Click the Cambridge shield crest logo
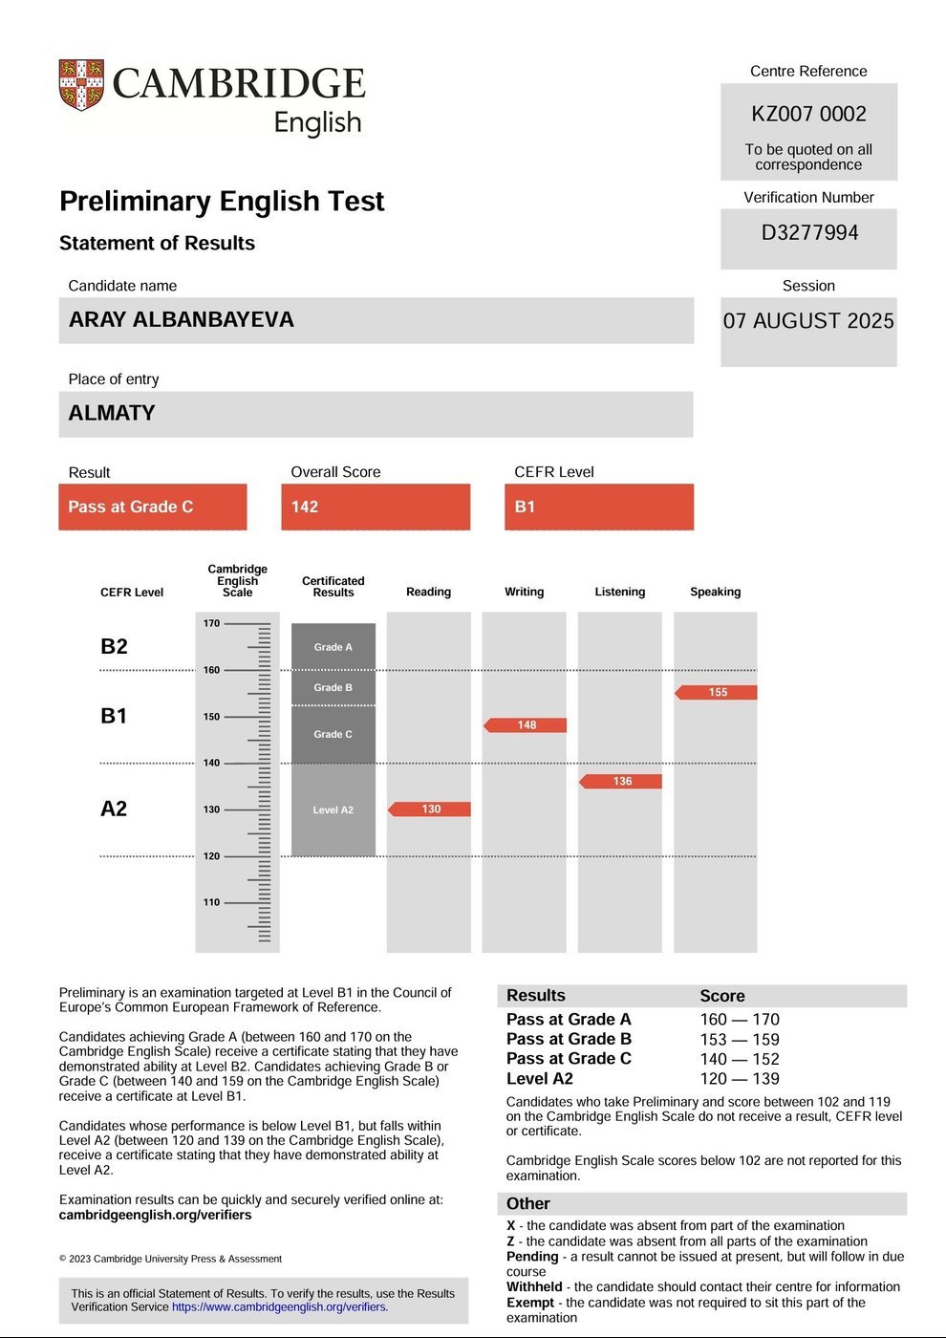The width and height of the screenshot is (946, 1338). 81,85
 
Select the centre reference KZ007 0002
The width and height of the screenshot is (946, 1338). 808,114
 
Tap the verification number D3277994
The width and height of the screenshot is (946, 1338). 809,232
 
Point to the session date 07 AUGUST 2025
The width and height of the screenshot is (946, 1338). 808,320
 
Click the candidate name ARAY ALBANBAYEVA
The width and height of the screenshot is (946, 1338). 182,319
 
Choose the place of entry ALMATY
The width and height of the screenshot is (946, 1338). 112,413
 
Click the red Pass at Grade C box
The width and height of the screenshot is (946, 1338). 152,507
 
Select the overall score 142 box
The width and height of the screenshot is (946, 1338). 376,507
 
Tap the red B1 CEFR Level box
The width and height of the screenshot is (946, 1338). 598,507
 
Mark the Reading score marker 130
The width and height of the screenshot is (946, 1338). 430,809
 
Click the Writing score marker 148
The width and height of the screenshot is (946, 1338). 526,725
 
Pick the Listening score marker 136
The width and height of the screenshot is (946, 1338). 621,782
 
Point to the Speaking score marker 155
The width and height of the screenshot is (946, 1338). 717,692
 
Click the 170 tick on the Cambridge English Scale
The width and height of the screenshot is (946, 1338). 212,623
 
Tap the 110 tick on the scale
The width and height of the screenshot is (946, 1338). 212,902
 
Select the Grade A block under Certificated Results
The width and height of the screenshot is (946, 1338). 333,647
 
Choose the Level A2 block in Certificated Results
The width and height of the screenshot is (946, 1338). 333,809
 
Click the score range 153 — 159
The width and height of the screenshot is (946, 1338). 740,1040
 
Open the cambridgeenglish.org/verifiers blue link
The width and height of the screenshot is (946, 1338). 280,1306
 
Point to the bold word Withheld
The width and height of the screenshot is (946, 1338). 534,1287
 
